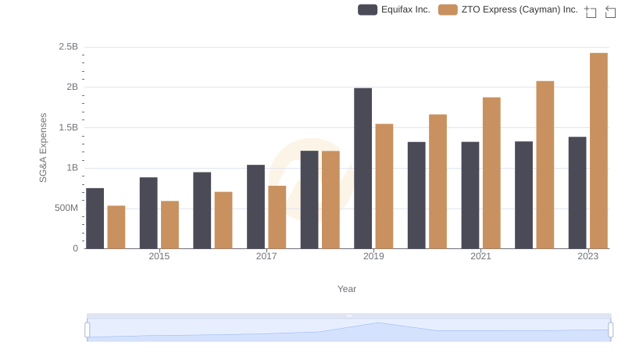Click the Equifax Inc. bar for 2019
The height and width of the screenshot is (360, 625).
pos(362,169)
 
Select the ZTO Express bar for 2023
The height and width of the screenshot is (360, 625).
pos(598,151)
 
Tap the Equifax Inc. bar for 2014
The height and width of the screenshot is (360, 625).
pos(95,219)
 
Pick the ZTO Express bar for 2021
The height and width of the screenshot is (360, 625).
pos(491,173)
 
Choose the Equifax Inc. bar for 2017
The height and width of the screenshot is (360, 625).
pos(255,207)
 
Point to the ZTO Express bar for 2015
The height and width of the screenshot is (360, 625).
pos(170,225)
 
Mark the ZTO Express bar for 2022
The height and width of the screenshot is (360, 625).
pos(545,165)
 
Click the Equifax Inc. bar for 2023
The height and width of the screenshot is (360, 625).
pos(577,193)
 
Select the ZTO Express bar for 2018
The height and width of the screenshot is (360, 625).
pos(330,200)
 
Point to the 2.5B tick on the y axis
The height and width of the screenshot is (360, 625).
pos(69,47)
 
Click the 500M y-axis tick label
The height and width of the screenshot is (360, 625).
pos(65,209)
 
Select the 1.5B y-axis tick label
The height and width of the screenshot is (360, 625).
pos(69,127)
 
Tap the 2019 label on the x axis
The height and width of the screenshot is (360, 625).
pos(373,256)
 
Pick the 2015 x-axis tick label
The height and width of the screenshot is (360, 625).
pos(159,256)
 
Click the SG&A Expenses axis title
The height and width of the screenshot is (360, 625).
pos(44,148)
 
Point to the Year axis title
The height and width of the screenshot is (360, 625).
pos(347,289)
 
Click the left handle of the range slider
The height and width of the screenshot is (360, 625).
pos(87,330)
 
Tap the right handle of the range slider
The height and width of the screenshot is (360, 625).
pos(610,330)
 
